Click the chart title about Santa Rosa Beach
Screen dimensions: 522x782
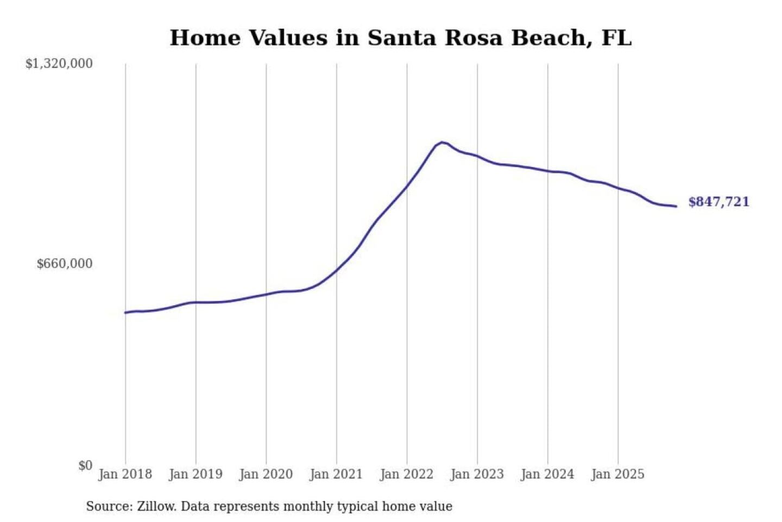pos(400,38)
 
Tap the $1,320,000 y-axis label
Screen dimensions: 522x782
pos(59,64)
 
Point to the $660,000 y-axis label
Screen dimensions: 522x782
pos(65,264)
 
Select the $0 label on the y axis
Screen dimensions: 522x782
pos(85,465)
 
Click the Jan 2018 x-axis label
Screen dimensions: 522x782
pos(125,474)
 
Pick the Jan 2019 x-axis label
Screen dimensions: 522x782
pos(195,474)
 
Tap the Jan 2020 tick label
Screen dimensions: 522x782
pos(266,474)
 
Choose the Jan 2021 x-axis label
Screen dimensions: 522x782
pos(336,474)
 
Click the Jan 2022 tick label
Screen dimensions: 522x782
pos(407,474)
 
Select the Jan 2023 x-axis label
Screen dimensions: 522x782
pos(477,474)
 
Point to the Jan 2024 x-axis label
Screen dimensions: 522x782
pos(547,474)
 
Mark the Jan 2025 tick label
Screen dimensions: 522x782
pos(617,474)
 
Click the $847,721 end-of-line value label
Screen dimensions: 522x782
pos(718,202)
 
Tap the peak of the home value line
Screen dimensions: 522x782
pos(443,142)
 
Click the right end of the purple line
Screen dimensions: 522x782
pos(676,206)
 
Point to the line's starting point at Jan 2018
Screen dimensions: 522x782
pos(125,313)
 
